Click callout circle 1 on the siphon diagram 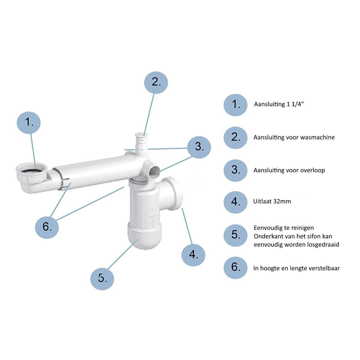click(28, 123)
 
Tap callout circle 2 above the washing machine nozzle click(156, 82)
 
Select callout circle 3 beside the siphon click(199, 147)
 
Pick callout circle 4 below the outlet click(193, 255)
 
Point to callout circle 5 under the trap click(102, 278)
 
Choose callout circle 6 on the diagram click(47, 227)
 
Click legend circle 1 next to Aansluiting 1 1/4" click(235, 105)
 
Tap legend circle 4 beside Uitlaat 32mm click(235, 202)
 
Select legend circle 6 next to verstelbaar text click(235, 268)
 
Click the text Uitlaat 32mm click(272, 201)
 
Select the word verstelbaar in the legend click(321, 268)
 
